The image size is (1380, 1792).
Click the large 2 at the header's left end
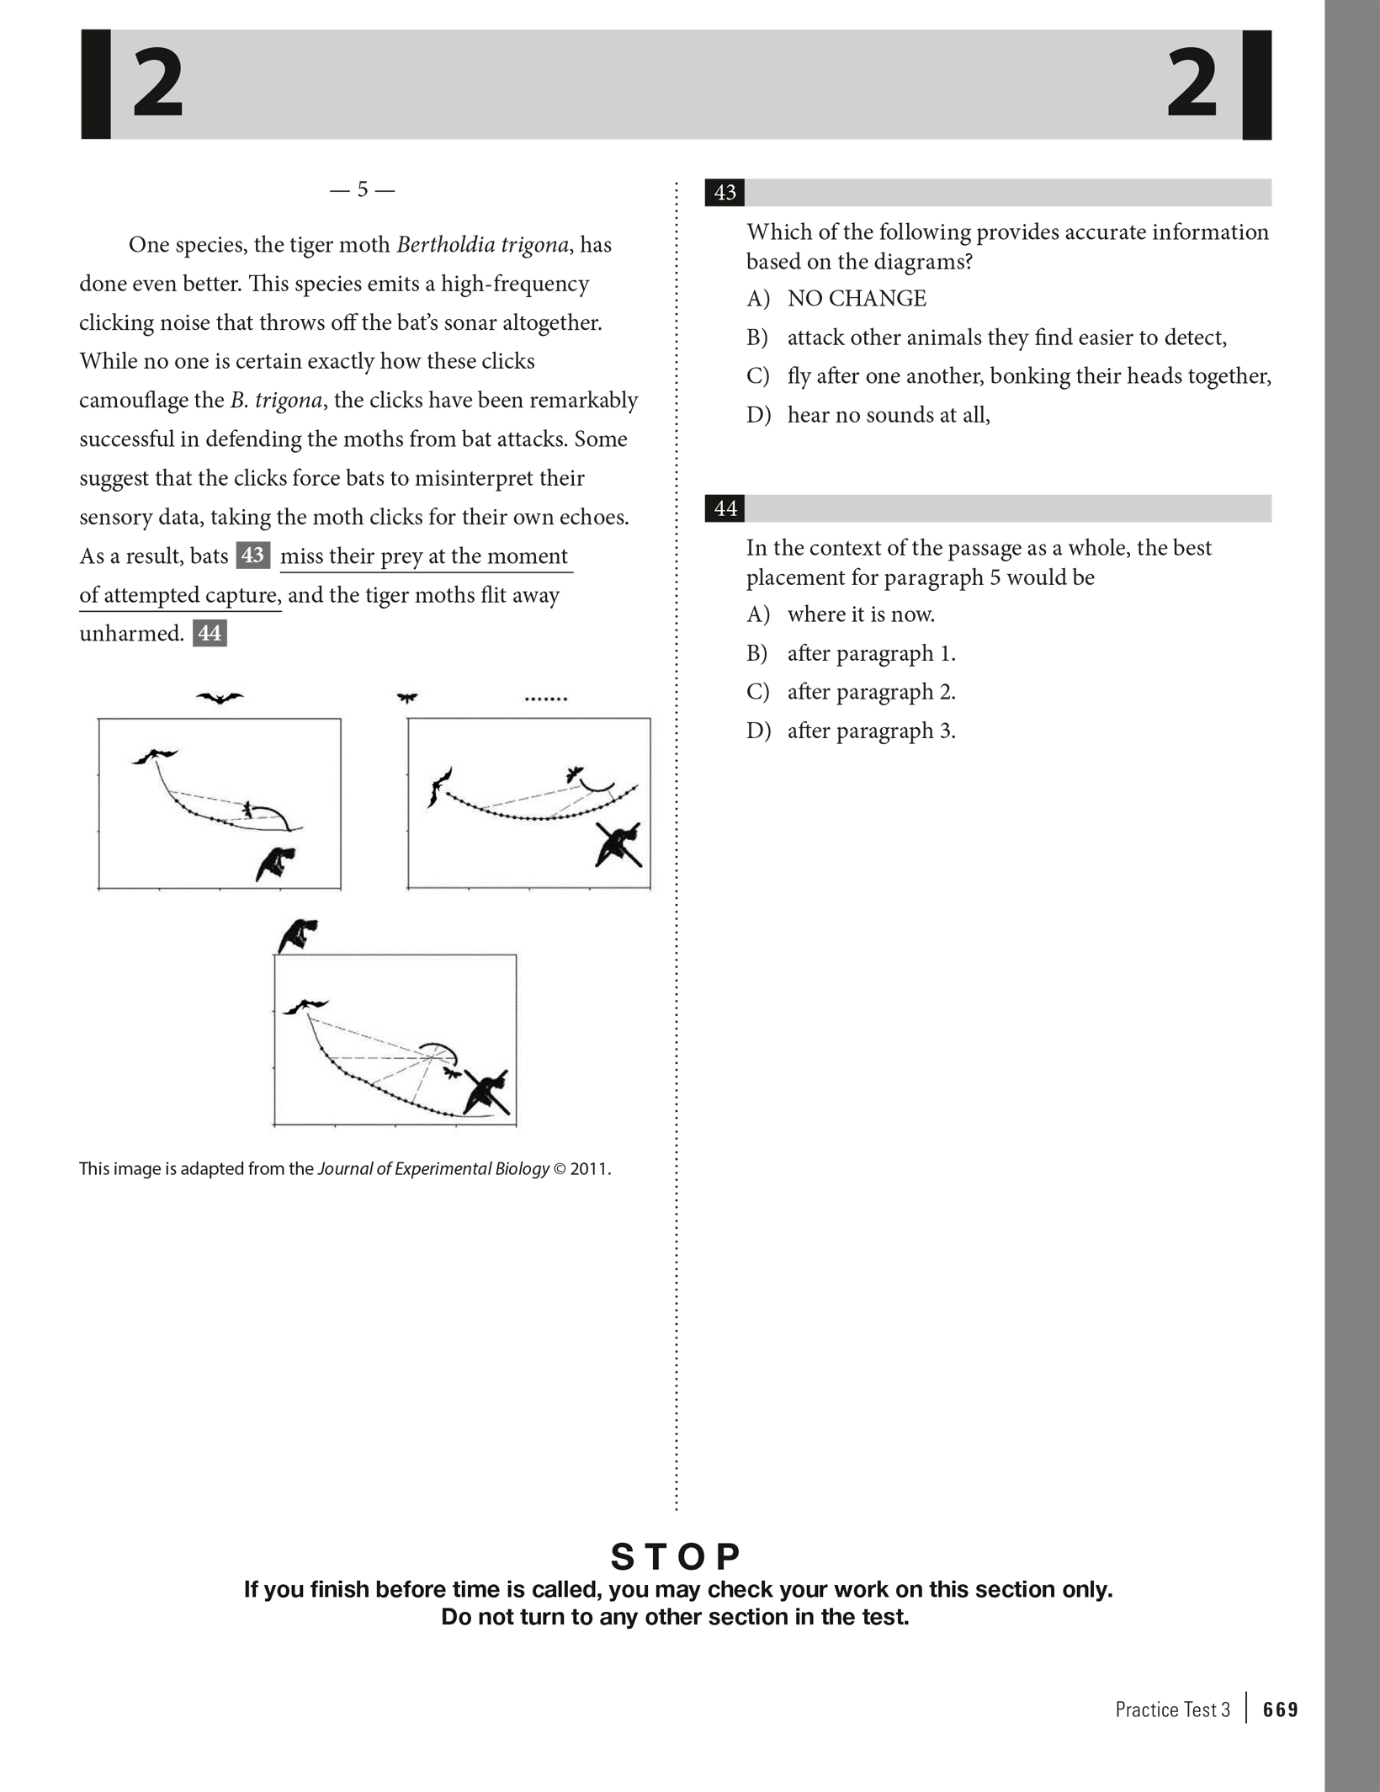pyautogui.click(x=158, y=84)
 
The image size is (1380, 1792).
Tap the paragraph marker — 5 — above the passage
pyautogui.click(x=362, y=190)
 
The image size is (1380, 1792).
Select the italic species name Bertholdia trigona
pyautogui.click(x=483, y=245)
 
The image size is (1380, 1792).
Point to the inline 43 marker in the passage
pyautogui.click(x=252, y=556)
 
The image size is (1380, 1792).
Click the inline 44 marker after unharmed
pyautogui.click(x=210, y=633)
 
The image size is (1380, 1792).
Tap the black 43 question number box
pyautogui.click(x=724, y=193)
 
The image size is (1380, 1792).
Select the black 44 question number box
pyautogui.click(x=724, y=508)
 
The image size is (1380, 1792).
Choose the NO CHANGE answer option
pyautogui.click(x=856, y=299)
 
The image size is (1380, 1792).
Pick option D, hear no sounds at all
pyautogui.click(x=888, y=415)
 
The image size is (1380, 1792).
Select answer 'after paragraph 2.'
pyautogui.click(x=871, y=692)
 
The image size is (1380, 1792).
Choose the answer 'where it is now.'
pyautogui.click(x=860, y=614)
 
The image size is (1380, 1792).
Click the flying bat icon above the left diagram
pyautogui.click(x=220, y=698)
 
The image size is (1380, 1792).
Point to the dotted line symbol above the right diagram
pyautogui.click(x=546, y=699)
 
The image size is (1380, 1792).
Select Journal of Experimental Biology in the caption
pyautogui.click(x=433, y=1169)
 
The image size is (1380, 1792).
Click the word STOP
pyautogui.click(x=676, y=1557)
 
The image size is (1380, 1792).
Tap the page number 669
pyautogui.click(x=1281, y=1710)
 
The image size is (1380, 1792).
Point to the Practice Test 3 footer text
pyautogui.click(x=1172, y=1710)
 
